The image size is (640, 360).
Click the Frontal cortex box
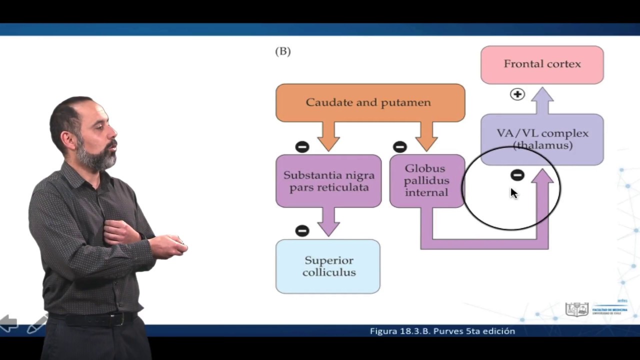542,64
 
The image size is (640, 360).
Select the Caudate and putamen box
370,102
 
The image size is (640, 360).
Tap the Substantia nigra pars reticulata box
328,181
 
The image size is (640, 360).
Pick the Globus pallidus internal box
426,180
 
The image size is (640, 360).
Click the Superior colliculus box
328,266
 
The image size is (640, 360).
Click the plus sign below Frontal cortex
517,94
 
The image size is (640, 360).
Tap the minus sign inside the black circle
517,175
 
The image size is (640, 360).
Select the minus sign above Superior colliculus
302,230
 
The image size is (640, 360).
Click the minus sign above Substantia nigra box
302,146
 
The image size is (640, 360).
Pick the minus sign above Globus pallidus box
399,146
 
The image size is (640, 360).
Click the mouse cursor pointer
514,193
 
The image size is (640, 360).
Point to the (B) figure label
283,51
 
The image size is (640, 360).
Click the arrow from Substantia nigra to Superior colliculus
328,221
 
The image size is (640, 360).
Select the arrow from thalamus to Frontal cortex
542,100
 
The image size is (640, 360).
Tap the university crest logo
577,309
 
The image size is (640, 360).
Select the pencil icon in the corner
36,325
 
